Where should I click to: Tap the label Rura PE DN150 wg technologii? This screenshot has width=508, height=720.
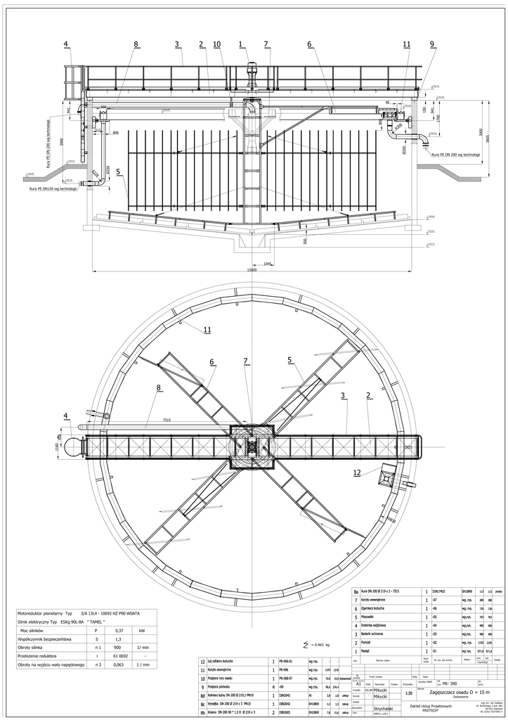53,189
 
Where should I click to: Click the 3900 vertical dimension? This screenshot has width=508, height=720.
63,142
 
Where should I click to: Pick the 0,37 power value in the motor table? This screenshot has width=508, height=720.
119,631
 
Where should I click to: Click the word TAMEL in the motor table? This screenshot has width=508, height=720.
93,622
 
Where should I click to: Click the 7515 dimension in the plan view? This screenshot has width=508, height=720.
168,420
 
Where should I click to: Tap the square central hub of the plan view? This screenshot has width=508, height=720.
252,445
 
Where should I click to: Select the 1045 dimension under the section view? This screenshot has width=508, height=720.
267,264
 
